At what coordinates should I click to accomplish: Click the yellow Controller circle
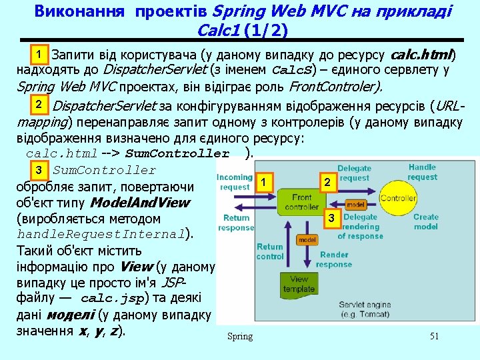pyautogui.click(x=398, y=199)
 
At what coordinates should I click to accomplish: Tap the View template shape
pyautogui.click(x=298, y=284)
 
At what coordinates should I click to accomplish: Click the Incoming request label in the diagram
pyautogui.click(x=235, y=182)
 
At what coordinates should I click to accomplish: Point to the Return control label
pyautogui.click(x=270, y=251)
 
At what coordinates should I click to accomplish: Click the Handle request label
pyautogui.click(x=422, y=173)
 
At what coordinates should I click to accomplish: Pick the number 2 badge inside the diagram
pyautogui.click(x=327, y=182)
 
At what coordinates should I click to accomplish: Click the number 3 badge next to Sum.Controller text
pyautogui.click(x=39, y=171)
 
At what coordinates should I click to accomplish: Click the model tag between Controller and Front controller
pyautogui.click(x=355, y=205)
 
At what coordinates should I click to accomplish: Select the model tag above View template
pyautogui.click(x=307, y=239)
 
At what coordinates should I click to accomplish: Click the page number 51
pyautogui.click(x=434, y=336)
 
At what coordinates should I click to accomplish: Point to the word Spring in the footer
pyautogui.click(x=240, y=336)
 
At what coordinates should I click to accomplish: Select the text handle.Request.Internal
pyautogui.click(x=99, y=235)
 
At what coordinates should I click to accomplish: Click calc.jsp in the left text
pyautogui.click(x=111, y=299)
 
